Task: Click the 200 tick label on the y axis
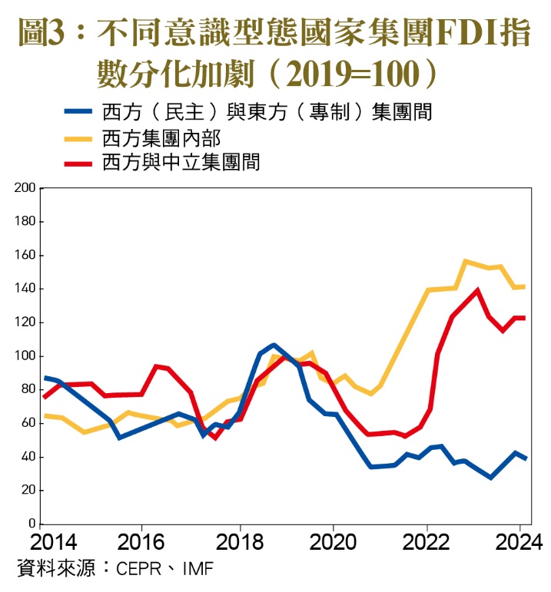click(25, 187)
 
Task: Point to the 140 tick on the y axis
click(25, 289)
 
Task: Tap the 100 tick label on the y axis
click(25, 356)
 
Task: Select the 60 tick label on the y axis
click(28, 423)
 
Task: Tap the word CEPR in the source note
click(138, 570)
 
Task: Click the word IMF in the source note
click(197, 570)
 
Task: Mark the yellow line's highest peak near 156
click(465, 261)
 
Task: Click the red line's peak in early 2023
click(478, 290)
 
